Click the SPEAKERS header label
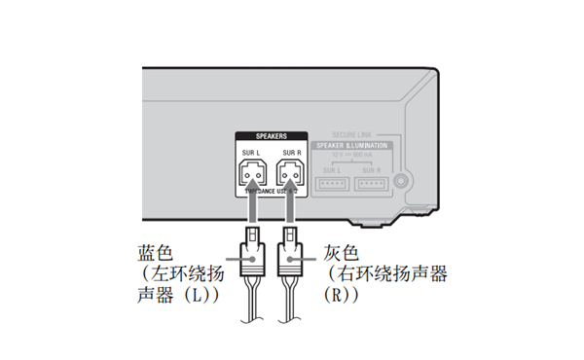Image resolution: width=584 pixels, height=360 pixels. tap(271, 137)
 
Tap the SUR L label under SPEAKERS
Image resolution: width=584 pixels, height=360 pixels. tap(251, 154)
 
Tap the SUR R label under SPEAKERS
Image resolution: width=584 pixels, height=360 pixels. tap(290, 154)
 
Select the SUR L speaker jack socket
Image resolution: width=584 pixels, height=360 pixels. tap(251, 174)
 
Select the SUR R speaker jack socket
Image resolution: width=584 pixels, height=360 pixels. tap(290, 174)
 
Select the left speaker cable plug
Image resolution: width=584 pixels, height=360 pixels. tap(251, 256)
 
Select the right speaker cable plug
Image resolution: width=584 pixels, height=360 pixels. tap(290, 256)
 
